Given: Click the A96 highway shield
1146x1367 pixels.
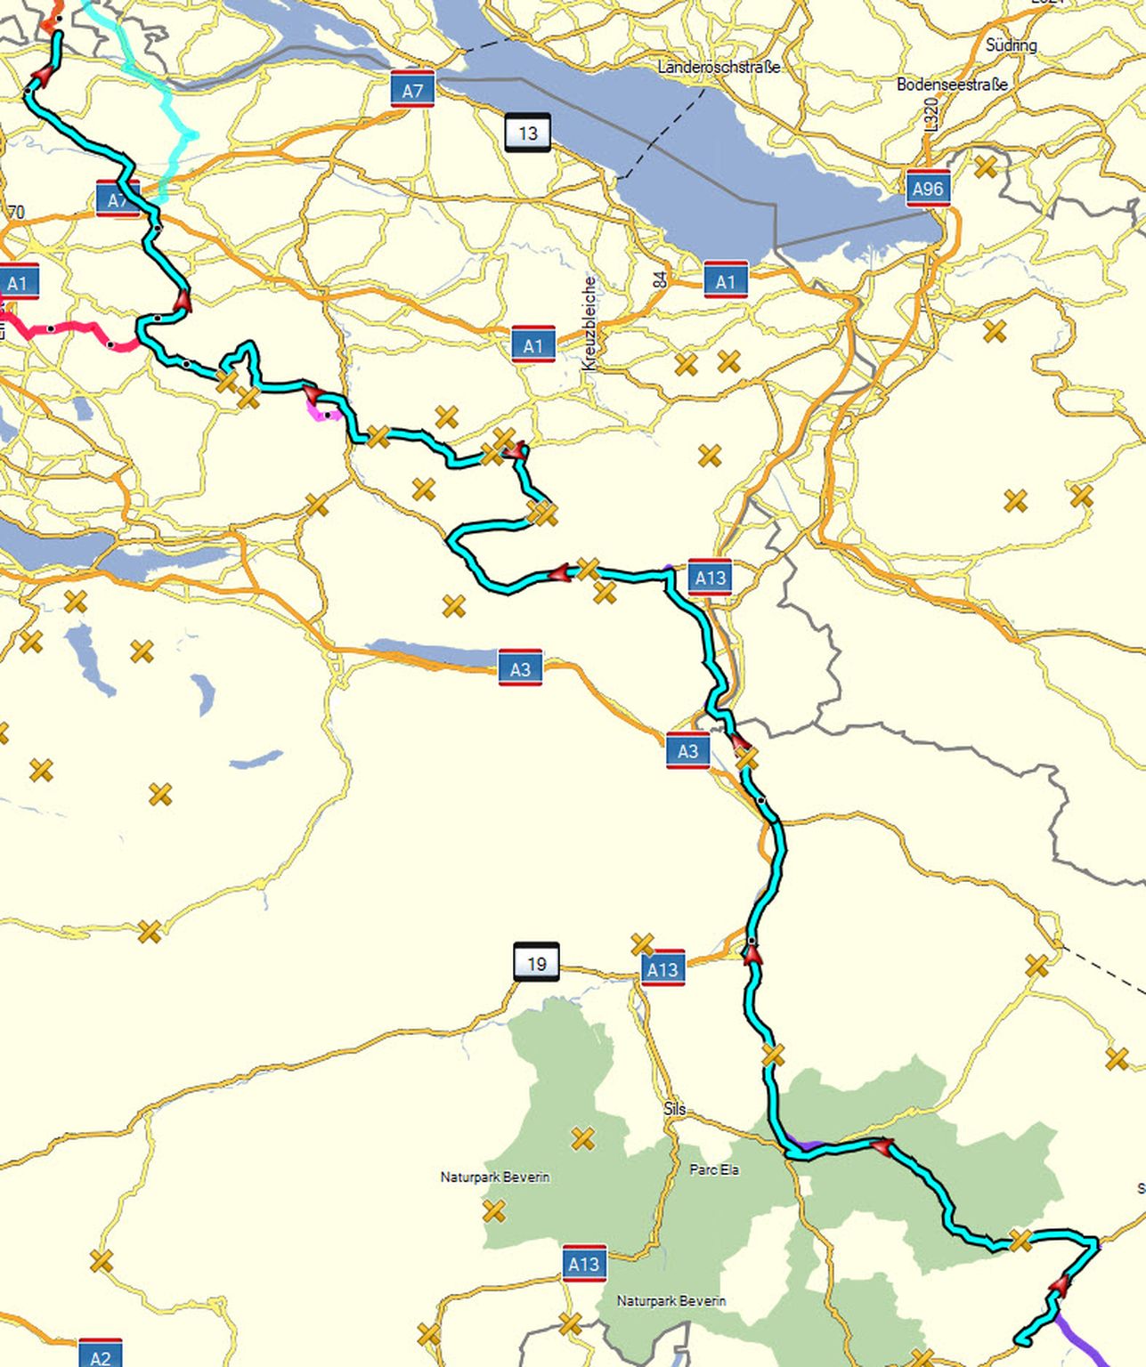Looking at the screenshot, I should [x=927, y=188].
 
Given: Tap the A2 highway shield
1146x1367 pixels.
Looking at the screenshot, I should [x=100, y=1355].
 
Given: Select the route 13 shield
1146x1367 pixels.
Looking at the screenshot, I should [x=527, y=133].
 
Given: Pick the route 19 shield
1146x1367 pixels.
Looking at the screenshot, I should [x=536, y=963].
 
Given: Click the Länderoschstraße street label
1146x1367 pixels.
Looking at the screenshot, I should [x=719, y=67].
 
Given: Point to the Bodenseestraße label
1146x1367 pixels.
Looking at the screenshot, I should [x=952, y=85].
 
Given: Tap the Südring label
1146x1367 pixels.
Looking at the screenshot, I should [x=1011, y=44].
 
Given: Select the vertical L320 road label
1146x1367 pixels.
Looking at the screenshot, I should [x=931, y=115].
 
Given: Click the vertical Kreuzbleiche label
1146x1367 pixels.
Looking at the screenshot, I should [x=589, y=323].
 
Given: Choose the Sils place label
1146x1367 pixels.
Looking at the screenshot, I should [x=674, y=1109].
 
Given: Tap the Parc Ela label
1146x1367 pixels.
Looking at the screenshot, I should [x=714, y=1169].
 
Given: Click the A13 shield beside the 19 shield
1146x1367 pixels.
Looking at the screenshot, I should [x=662, y=968].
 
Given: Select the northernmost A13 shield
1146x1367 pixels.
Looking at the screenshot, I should [x=710, y=578].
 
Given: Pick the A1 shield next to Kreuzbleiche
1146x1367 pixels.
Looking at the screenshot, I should [x=532, y=345].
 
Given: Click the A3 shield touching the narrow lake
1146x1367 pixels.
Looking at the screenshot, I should [x=520, y=668].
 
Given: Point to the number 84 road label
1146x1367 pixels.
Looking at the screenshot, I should [x=660, y=279].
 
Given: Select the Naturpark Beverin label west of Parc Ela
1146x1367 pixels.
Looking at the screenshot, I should [x=494, y=1177].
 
